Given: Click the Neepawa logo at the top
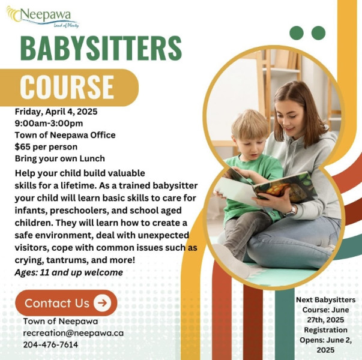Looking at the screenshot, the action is coord(43,17).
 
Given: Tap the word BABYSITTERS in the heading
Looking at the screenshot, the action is coord(101,49).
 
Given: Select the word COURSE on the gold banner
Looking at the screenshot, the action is coord(67,87).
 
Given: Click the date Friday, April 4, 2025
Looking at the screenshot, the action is coord(56,112).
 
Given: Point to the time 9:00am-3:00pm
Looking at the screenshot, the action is coord(49,123).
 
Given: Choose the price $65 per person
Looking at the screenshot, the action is coord(46,147).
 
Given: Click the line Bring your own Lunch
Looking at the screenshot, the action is coord(60,158).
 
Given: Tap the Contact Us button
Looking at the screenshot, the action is coord(66,303).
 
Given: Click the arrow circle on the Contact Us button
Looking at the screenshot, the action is coord(102,303).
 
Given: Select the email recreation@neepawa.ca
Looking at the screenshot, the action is coord(73,333).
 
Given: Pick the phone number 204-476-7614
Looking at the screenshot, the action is coord(50,345).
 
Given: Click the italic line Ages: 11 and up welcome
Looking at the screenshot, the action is coord(69,272).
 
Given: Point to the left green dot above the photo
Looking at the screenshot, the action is coord(297,33).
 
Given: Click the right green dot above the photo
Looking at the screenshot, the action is coord(318,33).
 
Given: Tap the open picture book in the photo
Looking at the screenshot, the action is coord(265,188).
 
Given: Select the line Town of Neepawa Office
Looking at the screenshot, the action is coord(65,135).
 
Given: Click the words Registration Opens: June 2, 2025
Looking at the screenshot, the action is coord(325,340).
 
